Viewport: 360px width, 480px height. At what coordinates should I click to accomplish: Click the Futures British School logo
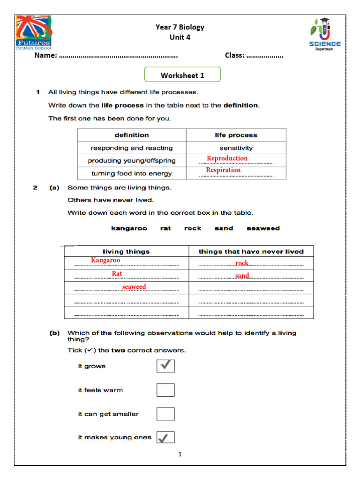coord(34,32)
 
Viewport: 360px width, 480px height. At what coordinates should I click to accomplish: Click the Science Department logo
coord(324,34)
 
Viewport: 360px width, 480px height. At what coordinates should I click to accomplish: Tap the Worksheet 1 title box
coord(182,75)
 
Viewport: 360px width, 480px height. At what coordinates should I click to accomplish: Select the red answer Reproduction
coord(227,158)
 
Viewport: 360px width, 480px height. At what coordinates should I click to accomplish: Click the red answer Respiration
coord(223,170)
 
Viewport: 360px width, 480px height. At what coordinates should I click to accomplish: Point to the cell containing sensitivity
coord(236,148)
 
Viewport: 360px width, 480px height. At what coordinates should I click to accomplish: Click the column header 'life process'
coord(236,135)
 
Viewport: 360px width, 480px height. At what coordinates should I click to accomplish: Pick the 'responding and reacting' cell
coord(132,148)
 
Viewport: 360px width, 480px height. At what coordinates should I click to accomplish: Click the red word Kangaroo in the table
coord(105,260)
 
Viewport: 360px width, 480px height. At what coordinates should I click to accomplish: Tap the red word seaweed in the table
coord(134,286)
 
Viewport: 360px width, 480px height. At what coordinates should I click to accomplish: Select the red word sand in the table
coord(242,276)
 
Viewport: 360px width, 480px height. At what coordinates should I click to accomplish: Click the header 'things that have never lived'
coord(251,251)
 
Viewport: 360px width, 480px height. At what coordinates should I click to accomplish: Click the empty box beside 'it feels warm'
coord(165,390)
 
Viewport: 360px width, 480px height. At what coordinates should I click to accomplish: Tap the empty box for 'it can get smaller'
coord(165,414)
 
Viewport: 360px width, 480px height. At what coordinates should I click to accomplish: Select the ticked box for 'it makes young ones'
coord(165,437)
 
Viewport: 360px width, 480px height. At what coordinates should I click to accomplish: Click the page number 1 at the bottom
coord(180,454)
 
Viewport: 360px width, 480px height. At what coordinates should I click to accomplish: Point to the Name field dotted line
coord(118,56)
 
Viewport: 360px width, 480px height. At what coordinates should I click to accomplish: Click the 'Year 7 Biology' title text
coord(180,27)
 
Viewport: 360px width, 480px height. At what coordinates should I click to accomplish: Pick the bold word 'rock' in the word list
coord(193,228)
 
